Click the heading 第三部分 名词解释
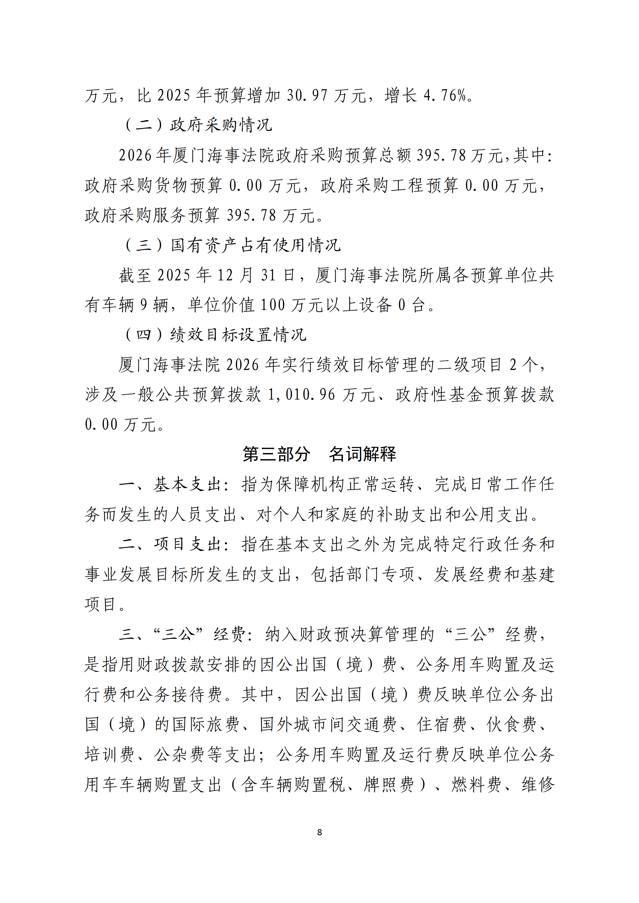tap(319, 454)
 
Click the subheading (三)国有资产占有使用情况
tap(232, 245)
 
